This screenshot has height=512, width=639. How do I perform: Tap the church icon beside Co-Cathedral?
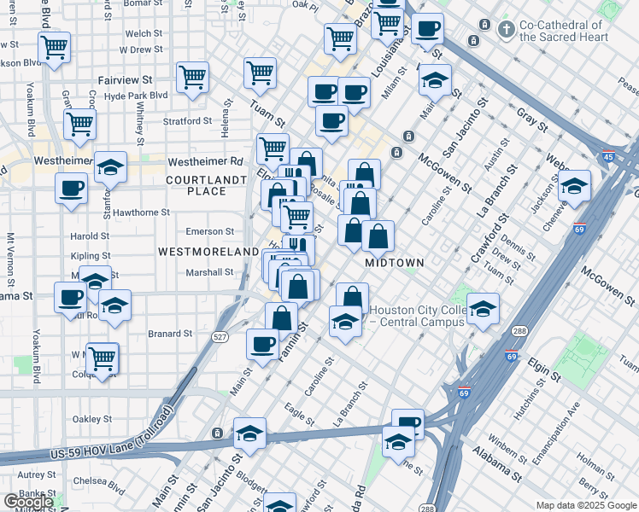(507, 30)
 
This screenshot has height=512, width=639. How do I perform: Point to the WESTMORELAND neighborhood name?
(208, 252)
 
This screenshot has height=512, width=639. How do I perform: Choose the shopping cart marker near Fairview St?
(193, 79)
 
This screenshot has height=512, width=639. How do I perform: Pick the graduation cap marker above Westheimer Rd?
(110, 169)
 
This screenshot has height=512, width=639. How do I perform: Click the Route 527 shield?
(220, 338)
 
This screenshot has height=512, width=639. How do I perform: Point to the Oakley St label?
(92, 419)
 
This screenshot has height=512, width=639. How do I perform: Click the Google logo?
(27, 502)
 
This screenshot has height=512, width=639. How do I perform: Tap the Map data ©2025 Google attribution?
(586, 505)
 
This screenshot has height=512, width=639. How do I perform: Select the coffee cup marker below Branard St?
(262, 344)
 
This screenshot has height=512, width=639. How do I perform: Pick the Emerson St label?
(211, 231)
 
